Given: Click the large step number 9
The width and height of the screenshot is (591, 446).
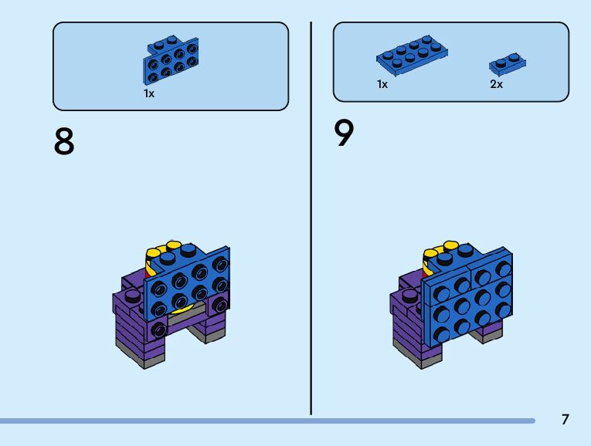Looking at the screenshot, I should (x=345, y=134).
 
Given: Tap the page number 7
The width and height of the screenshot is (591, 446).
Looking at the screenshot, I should (x=566, y=420).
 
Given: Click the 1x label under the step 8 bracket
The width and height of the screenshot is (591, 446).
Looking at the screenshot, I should (x=149, y=93).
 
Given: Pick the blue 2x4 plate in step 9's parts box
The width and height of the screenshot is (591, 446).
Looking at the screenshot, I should (x=413, y=55).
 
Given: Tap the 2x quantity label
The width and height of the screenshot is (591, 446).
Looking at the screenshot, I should (x=496, y=85).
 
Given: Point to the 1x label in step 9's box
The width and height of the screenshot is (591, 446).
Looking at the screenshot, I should (x=382, y=85).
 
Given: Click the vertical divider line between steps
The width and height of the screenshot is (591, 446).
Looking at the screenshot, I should (x=311, y=216).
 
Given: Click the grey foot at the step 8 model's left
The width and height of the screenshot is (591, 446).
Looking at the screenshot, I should (x=133, y=356).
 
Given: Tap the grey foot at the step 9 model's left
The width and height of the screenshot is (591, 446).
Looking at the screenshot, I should (x=412, y=356).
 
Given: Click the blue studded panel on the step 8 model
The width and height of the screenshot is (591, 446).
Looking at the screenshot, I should (x=189, y=282).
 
